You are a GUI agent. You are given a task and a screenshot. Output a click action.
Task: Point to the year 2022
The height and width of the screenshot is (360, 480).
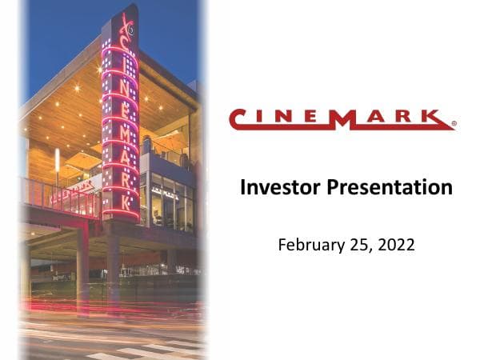(x=398, y=245)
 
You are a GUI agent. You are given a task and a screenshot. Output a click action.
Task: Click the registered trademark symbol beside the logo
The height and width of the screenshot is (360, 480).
(x=454, y=125)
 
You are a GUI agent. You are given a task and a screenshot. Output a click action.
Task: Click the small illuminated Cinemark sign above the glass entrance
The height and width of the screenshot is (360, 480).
(x=164, y=194)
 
